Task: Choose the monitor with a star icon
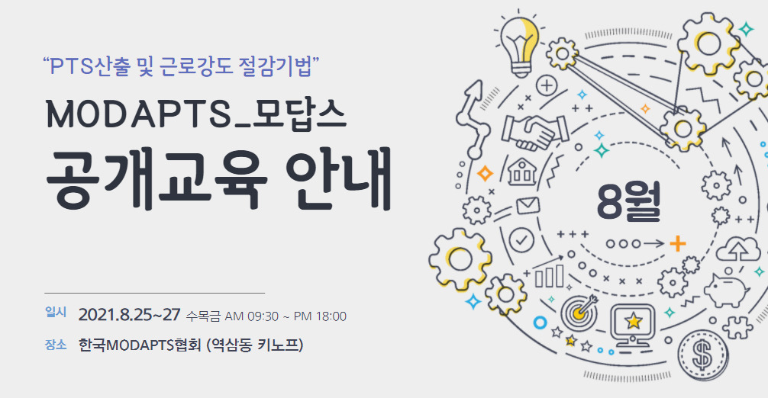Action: pyautogui.click(x=632, y=323)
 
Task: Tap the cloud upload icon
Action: pyautogui.click(x=738, y=249)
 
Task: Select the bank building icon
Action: pyautogui.click(x=522, y=172)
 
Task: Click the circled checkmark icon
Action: pyautogui.click(x=521, y=240)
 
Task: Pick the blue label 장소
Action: pyautogui.click(x=56, y=345)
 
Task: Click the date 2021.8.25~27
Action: pyautogui.click(x=129, y=315)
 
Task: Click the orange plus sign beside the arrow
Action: pyautogui.click(x=676, y=243)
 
